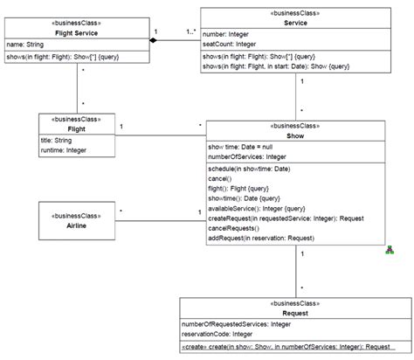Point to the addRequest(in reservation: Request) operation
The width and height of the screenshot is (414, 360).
pyautogui.click(x=260, y=237)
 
